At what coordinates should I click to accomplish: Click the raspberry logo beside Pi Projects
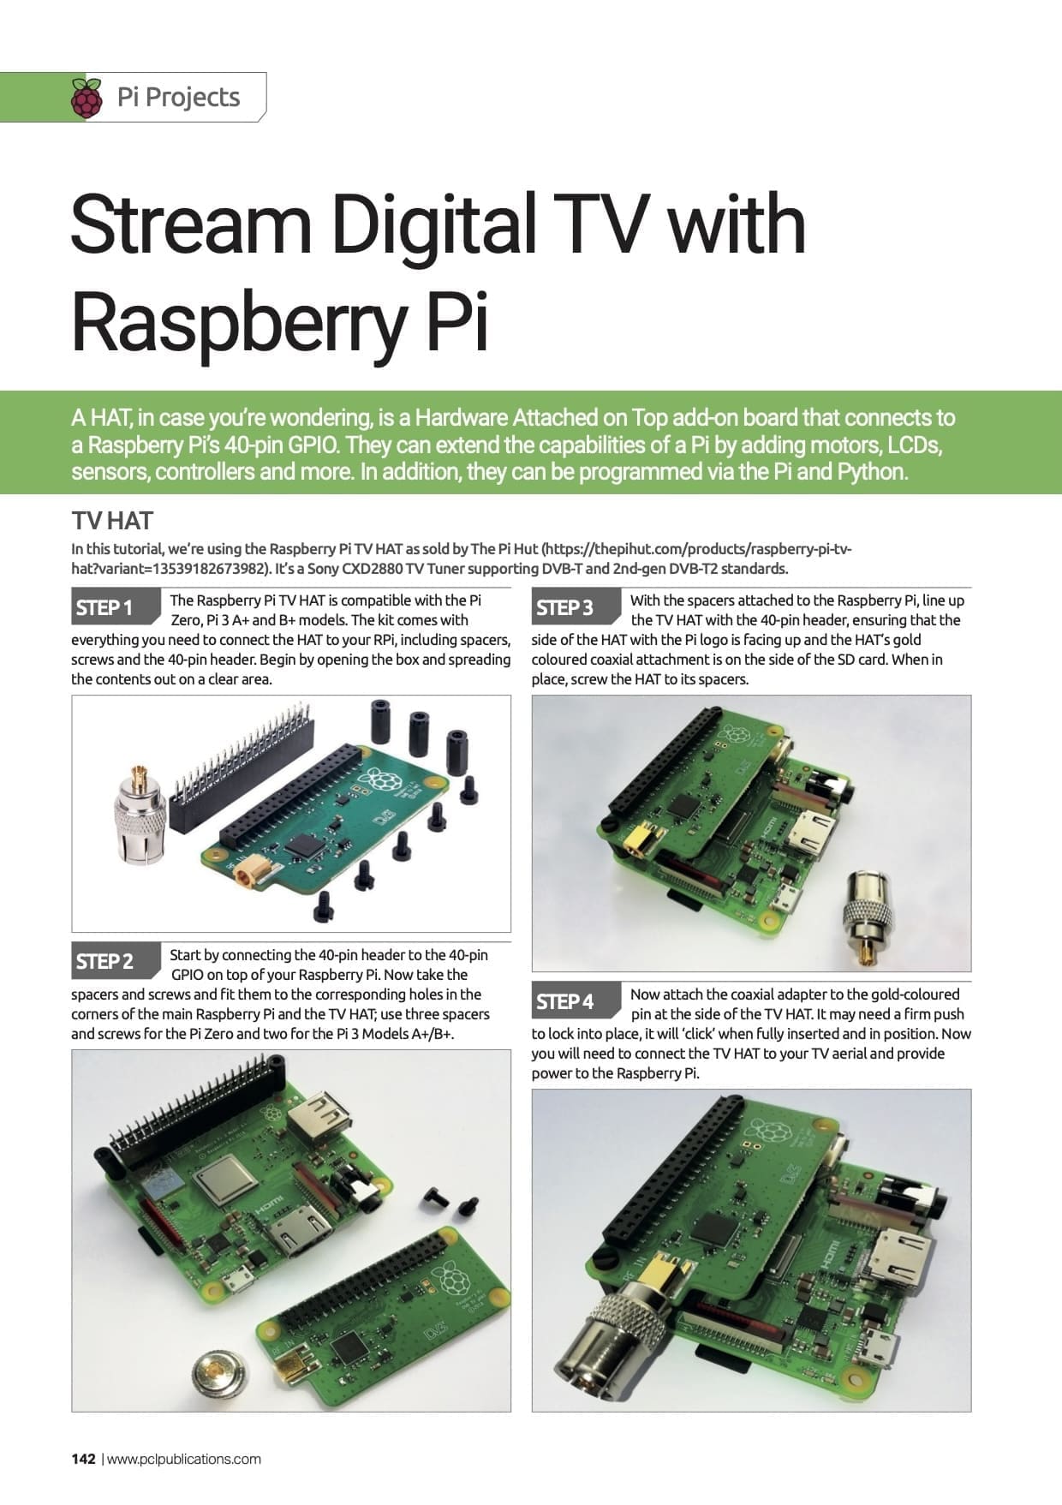tap(87, 98)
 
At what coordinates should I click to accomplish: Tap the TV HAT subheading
tap(111, 521)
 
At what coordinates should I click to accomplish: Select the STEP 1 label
tap(104, 607)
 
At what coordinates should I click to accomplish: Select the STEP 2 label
tap(104, 961)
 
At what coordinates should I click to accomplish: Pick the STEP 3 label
tap(564, 607)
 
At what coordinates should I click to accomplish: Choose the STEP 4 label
tap(564, 1000)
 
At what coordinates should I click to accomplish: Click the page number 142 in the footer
tap(83, 1459)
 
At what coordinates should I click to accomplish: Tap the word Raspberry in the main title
tap(237, 320)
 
